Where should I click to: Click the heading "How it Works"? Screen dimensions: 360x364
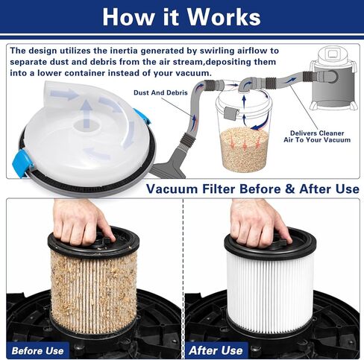181,16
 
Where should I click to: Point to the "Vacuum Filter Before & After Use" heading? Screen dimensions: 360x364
252,189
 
